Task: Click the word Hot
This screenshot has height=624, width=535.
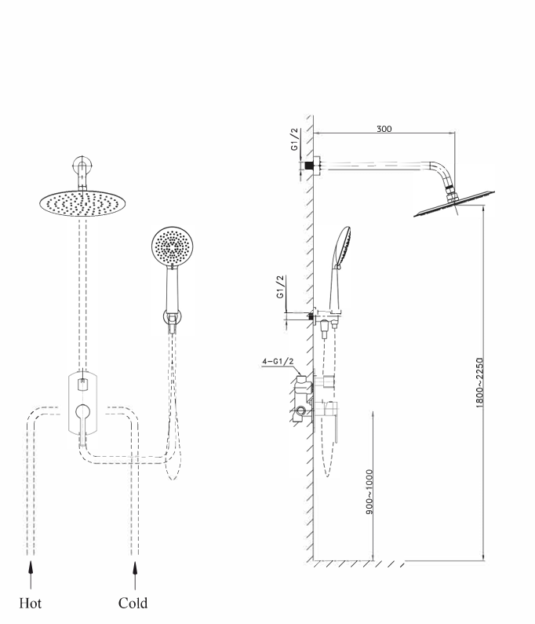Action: point(30,603)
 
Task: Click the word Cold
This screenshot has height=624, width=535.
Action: point(133,603)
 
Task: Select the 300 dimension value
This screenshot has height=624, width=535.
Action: point(384,129)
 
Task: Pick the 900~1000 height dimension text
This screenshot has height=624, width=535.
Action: point(369,491)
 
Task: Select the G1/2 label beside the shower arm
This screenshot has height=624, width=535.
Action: point(294,139)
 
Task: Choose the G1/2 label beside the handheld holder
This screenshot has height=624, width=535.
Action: point(280,288)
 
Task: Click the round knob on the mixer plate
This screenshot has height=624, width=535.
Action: point(82,411)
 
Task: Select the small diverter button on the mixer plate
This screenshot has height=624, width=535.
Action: point(82,384)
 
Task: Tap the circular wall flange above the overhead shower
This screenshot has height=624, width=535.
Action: point(82,168)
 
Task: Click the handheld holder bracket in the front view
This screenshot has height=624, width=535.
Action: point(172,318)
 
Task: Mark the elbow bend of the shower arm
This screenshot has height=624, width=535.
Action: point(442,174)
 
